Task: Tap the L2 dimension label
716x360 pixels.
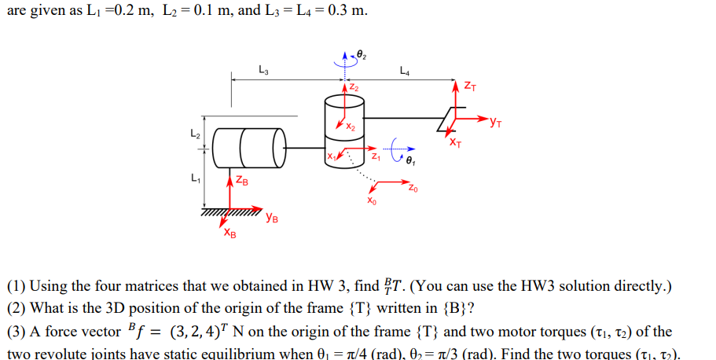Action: (x=196, y=134)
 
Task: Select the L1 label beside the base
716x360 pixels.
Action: (x=196, y=179)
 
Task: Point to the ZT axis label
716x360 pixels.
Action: (x=470, y=84)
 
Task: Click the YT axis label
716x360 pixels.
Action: (x=495, y=121)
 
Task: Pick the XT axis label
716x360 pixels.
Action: (x=456, y=142)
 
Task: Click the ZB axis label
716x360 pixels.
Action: (x=243, y=182)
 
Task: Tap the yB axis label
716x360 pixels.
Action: (x=270, y=218)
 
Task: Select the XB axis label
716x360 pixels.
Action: (x=229, y=233)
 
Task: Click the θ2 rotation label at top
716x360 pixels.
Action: (x=362, y=53)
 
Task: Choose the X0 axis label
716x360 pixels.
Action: (x=372, y=201)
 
